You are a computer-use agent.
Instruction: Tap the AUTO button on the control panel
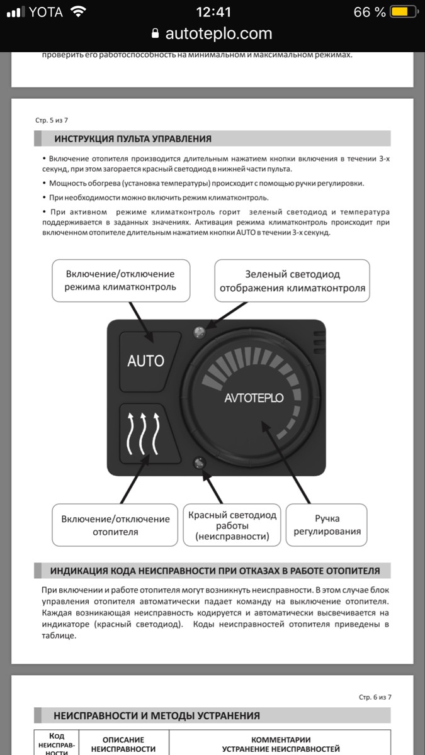coord(145,361)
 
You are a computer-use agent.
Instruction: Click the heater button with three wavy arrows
coord(145,433)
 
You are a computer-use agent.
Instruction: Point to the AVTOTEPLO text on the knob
coord(254,398)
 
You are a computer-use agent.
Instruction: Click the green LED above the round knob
coord(199,331)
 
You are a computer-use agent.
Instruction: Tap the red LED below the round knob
coord(199,464)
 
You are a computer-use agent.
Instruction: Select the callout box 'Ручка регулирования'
coord(327,525)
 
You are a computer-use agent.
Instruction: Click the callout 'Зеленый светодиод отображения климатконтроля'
coord(292,281)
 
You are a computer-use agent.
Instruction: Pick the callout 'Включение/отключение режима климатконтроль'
coord(120,280)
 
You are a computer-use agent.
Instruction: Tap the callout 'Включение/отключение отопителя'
coord(115,525)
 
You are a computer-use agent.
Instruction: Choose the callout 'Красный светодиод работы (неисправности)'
coord(232,525)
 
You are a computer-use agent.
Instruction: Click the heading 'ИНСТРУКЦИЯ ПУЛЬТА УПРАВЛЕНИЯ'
coord(133,138)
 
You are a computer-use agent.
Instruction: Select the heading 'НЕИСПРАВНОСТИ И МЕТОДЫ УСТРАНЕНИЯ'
coord(157,715)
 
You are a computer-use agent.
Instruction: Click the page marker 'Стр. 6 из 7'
coord(375,697)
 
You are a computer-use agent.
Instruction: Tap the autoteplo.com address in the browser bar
coord(218,33)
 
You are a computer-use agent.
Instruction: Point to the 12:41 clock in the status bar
coord(213,12)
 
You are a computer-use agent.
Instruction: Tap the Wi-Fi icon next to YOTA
coord(78,12)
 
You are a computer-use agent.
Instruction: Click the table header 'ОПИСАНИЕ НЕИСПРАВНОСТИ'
coord(123,744)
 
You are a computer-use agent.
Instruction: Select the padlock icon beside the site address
coord(156,33)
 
